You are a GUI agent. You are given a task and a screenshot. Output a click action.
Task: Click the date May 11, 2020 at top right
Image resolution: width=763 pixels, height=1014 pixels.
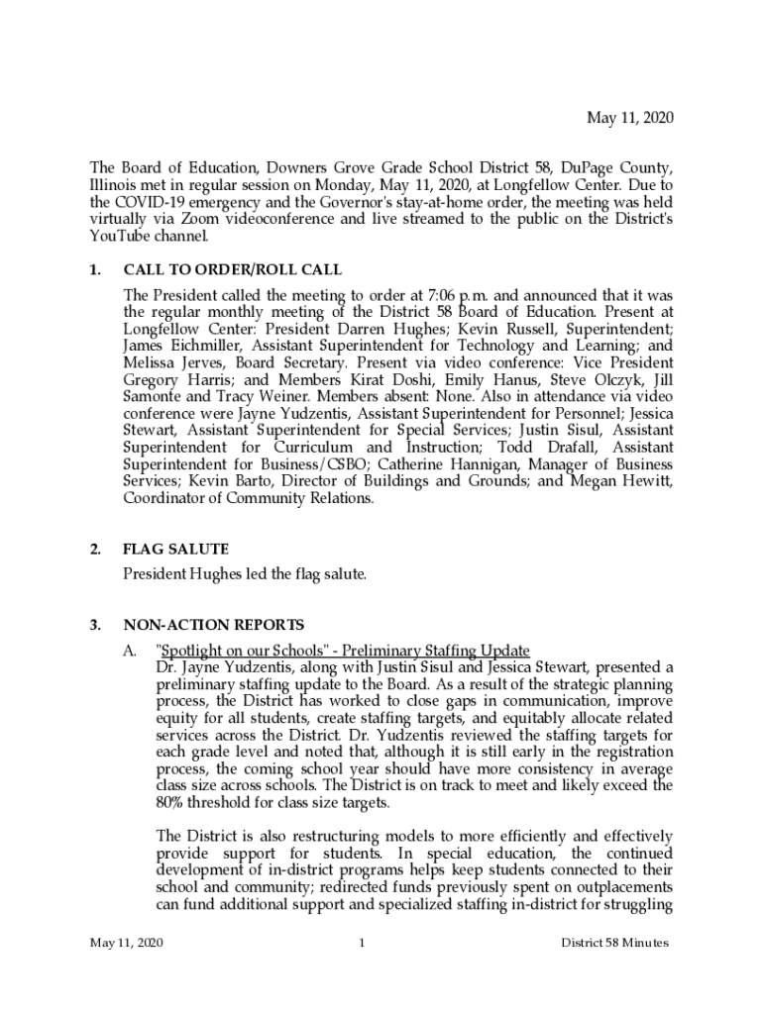(630, 118)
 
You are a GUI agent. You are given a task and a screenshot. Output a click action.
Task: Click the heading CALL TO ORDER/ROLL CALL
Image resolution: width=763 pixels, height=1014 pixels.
(233, 269)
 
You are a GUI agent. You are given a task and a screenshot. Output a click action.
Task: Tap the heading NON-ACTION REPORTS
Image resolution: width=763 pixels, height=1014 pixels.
(213, 625)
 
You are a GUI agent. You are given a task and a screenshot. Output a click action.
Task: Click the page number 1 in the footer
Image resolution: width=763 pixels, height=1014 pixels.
(363, 943)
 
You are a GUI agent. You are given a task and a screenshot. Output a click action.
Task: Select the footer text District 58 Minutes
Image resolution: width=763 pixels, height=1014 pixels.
(614, 943)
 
